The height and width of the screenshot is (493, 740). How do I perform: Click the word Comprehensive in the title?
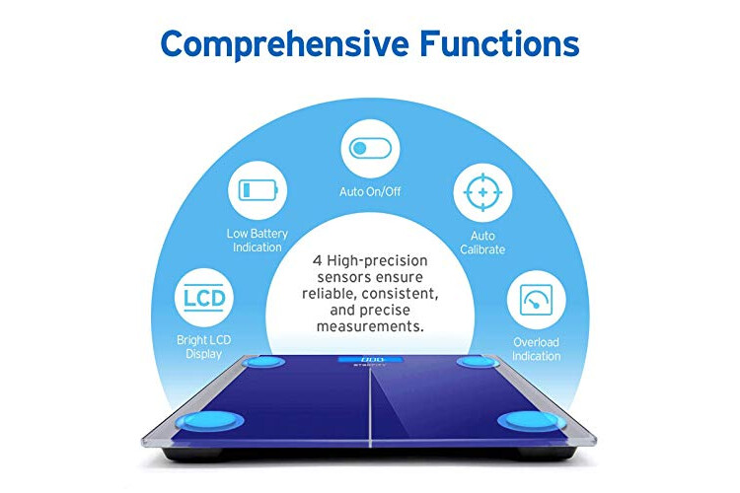coord(284,44)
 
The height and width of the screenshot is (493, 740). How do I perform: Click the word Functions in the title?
coord(499,43)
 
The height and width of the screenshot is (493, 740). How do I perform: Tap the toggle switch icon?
coord(370,148)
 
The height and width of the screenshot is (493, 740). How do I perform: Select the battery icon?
coord(258,190)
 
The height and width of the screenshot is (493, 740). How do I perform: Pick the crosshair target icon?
coord(482,192)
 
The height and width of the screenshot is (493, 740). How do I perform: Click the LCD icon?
coord(204,298)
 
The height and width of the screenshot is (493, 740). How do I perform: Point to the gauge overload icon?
coord(536,300)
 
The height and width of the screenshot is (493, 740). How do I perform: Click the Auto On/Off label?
coord(370,191)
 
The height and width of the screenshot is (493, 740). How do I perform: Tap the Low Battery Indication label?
coord(258,241)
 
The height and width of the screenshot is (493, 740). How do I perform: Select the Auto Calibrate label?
coord(482,243)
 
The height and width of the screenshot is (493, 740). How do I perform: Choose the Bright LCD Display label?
coord(204,347)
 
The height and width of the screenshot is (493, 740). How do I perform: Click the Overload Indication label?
coord(536,349)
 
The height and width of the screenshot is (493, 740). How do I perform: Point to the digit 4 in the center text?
coord(317,260)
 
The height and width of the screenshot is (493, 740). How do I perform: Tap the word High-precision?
coord(377,261)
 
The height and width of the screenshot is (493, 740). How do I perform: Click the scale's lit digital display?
coord(370,360)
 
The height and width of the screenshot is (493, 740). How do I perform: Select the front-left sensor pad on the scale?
coord(209,420)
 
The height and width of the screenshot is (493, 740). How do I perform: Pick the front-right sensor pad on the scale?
coord(532,420)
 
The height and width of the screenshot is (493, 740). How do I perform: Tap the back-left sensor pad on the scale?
coord(263,362)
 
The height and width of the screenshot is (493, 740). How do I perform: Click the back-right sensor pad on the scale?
coord(478,362)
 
